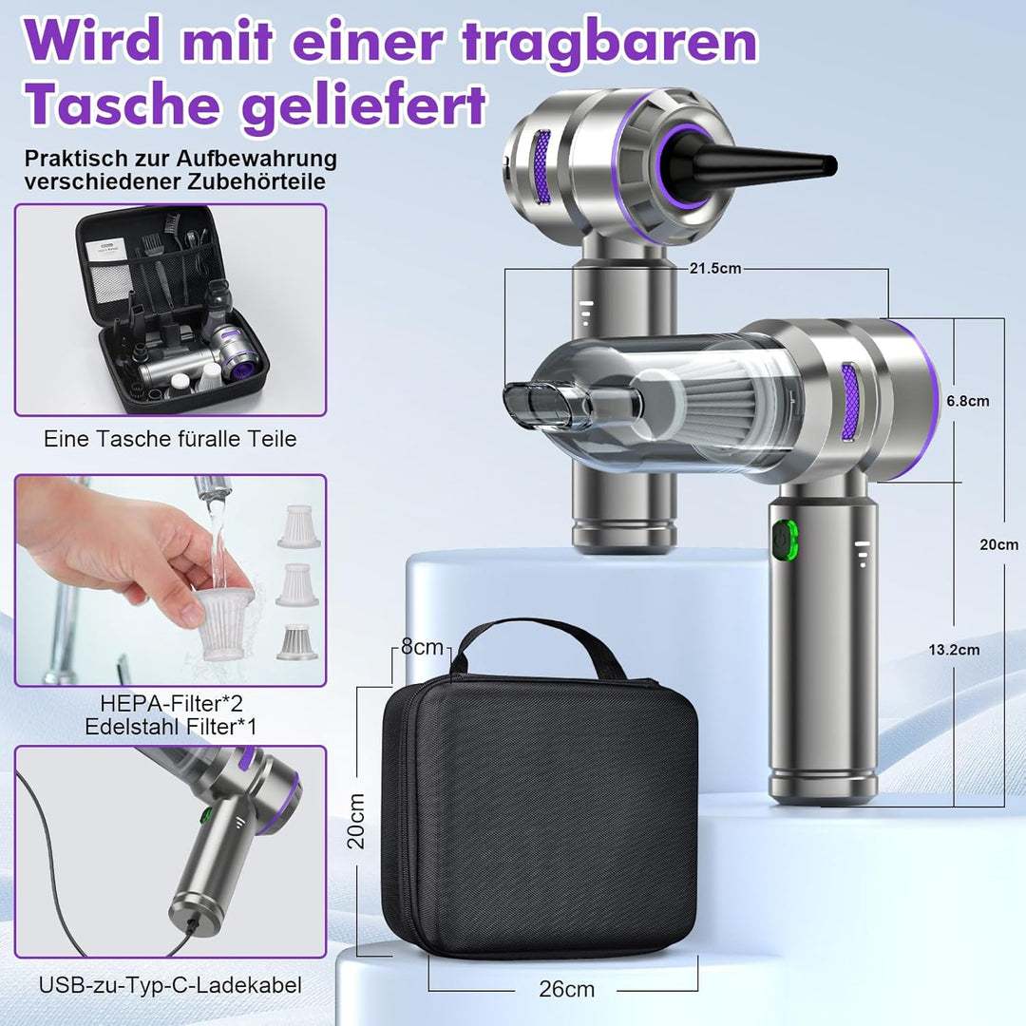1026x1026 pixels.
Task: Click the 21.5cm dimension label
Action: click(x=716, y=269)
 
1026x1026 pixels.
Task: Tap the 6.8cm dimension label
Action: click(x=967, y=401)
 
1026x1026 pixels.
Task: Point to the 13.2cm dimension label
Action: click(x=955, y=650)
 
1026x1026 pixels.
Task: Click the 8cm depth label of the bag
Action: click(x=422, y=648)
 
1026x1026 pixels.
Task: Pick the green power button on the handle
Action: click(x=784, y=539)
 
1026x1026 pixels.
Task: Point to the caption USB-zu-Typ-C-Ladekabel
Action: click(x=170, y=985)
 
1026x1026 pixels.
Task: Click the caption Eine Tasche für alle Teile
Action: click(x=170, y=439)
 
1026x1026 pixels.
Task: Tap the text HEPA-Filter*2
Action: click(x=170, y=704)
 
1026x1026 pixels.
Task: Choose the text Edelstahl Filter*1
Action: click(x=170, y=728)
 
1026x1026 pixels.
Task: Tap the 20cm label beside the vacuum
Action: click(x=999, y=545)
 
